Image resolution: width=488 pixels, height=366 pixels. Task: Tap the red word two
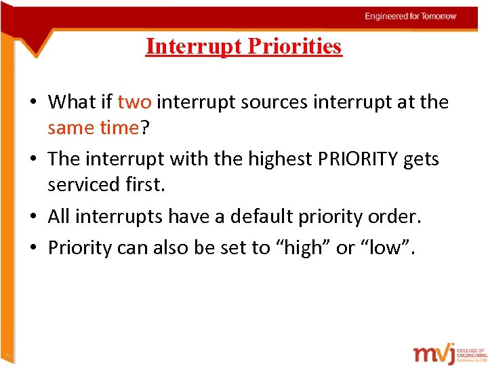click(134, 102)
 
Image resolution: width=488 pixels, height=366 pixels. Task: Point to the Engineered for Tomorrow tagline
click(411, 16)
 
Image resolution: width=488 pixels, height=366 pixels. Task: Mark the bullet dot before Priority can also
click(33, 249)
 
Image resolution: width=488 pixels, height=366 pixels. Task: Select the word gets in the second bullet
click(422, 159)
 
